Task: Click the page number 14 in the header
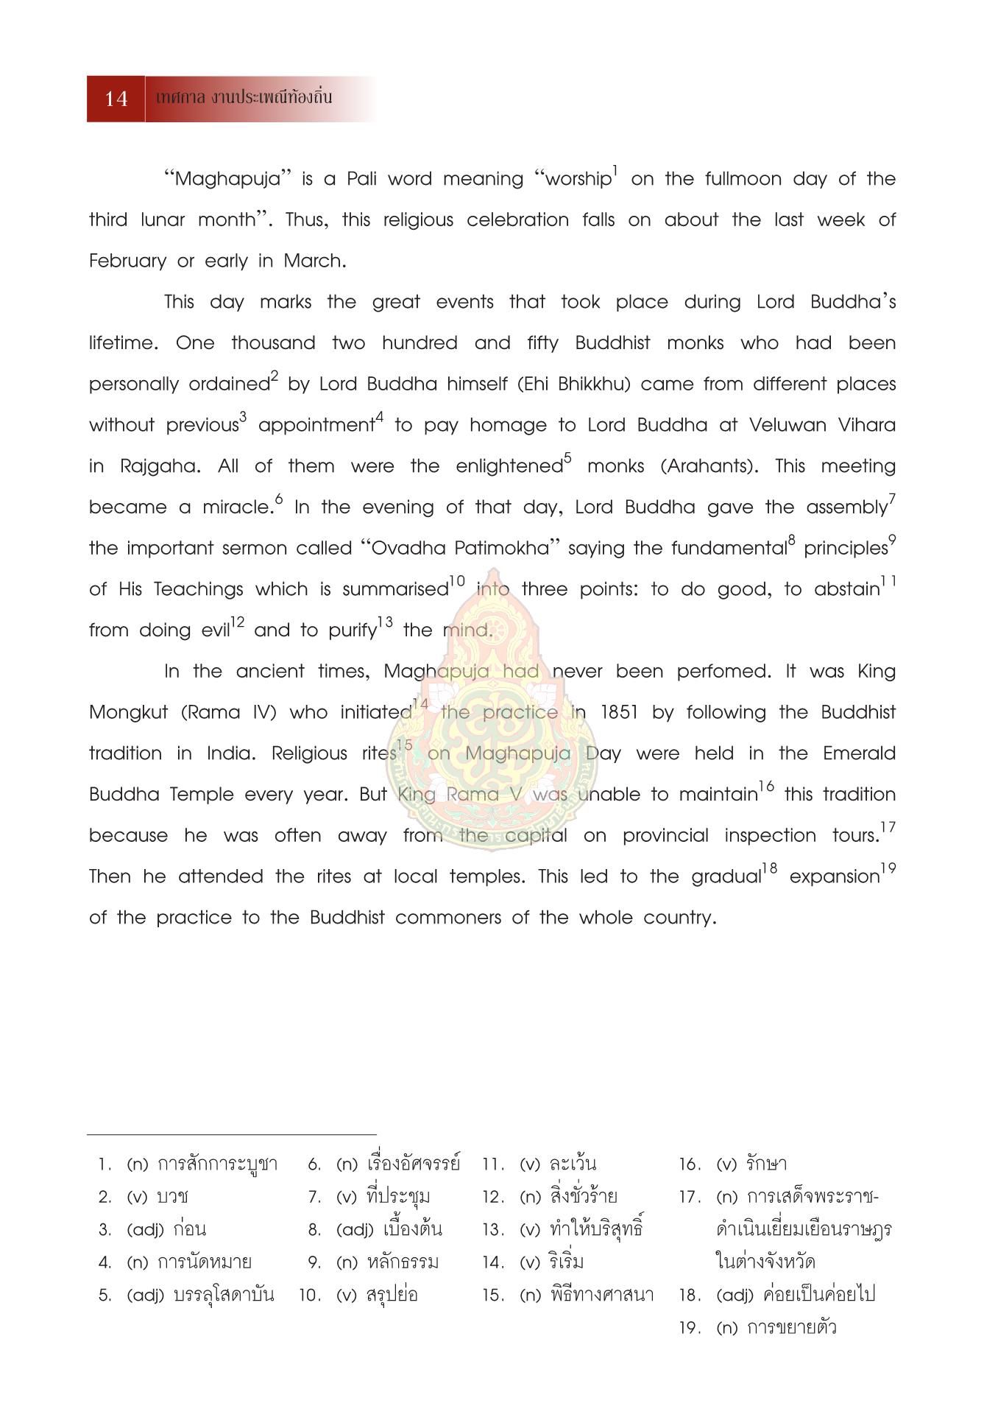(x=116, y=99)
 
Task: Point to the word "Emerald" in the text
(x=859, y=753)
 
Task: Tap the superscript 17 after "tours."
(x=888, y=828)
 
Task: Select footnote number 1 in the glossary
(x=105, y=1164)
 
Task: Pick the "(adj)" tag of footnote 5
(x=145, y=1295)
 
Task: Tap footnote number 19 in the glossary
(x=687, y=1328)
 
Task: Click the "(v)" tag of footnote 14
(x=530, y=1262)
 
